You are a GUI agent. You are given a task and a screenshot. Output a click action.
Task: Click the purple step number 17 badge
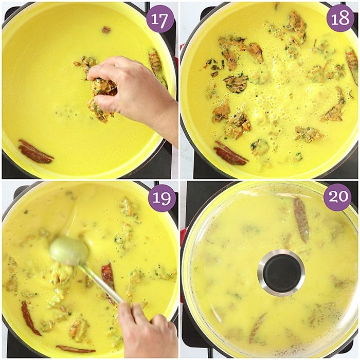[160, 19]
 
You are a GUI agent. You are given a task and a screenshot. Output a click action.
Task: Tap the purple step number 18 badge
[340, 18]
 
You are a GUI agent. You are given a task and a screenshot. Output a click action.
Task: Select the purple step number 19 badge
[161, 198]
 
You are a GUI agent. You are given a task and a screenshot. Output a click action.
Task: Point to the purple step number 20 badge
[337, 197]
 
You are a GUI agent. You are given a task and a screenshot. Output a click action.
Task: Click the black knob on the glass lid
[281, 273]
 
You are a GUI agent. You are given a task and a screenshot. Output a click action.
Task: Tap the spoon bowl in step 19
[69, 251]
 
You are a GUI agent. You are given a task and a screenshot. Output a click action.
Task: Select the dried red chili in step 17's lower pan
[35, 152]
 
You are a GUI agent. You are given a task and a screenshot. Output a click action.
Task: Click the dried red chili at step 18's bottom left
[230, 153]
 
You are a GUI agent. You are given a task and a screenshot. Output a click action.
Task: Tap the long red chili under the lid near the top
[301, 220]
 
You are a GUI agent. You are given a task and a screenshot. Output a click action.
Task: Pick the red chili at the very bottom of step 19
[76, 349]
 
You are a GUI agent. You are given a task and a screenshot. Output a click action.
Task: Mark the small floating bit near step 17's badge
[106, 30]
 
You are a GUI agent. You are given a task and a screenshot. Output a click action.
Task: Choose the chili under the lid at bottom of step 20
[257, 329]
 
